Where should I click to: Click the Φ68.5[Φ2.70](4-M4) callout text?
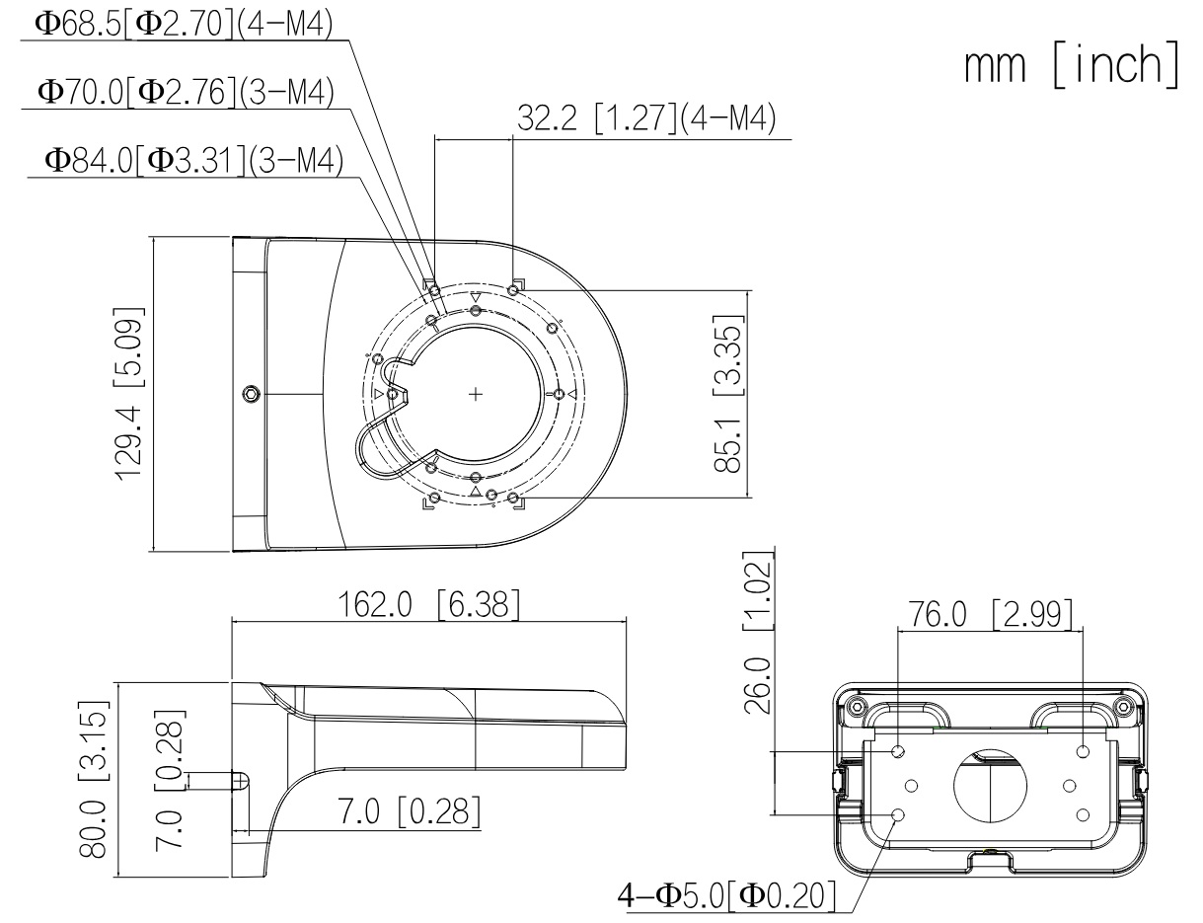pos(184,25)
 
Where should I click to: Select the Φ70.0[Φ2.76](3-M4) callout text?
pos(186,93)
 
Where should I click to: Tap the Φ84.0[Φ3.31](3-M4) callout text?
pos(193,161)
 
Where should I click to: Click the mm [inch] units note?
pos(1073,65)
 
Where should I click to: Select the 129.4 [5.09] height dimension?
pos(130,394)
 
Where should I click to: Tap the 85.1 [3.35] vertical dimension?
pos(728,394)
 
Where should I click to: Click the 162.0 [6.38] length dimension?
pos(429,604)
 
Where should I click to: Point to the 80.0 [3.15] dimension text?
pos(93,780)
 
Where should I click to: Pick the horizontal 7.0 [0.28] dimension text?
pos(410,811)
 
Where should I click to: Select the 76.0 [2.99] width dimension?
pos(990,614)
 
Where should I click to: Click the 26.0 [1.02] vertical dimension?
pos(758,633)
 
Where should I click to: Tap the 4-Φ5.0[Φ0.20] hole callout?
pos(726,895)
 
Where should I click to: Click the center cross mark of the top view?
pos(476,394)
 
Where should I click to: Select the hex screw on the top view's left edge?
pos(252,394)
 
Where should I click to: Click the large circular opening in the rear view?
pos(990,786)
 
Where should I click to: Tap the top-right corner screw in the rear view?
pos(1124,707)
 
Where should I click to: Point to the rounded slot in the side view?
pos(241,781)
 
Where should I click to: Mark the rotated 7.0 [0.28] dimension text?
pos(169,780)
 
